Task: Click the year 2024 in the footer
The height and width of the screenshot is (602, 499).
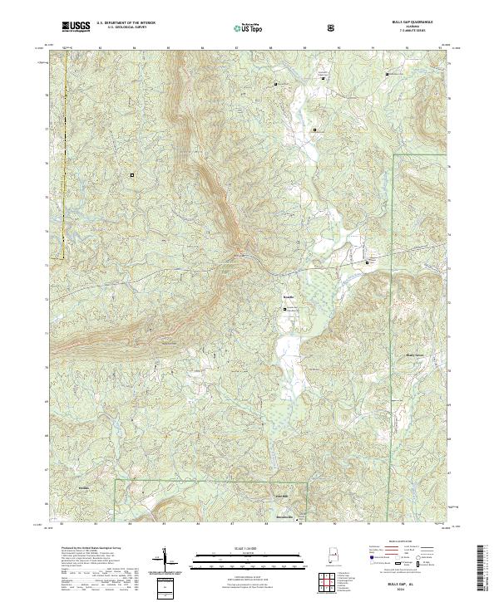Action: (406, 590)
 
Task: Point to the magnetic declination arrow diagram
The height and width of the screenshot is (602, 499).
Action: (164, 560)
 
